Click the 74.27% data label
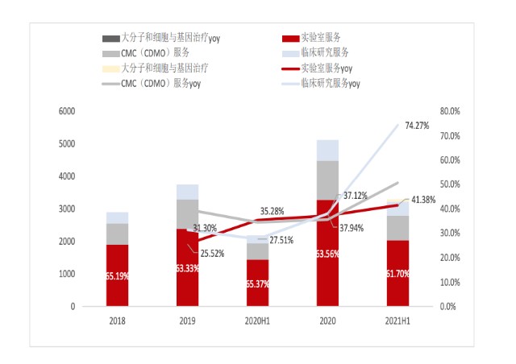point(417,126)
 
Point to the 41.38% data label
point(423,200)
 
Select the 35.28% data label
point(272,211)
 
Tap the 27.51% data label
point(281,240)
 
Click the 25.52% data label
point(212,254)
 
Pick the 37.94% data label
point(352,228)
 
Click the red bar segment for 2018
point(117,275)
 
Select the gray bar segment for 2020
point(327,180)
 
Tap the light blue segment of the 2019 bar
point(188,192)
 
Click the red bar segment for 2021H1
point(397,273)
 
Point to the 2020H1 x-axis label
point(257,321)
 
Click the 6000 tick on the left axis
point(67,111)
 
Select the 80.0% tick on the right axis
point(450,111)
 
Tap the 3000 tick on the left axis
point(67,209)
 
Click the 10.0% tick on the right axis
point(450,282)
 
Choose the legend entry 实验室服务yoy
point(317,68)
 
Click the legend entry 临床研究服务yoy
point(321,84)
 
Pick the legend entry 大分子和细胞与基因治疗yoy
point(161,38)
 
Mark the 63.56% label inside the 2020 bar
point(327,254)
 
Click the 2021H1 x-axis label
point(397,321)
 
